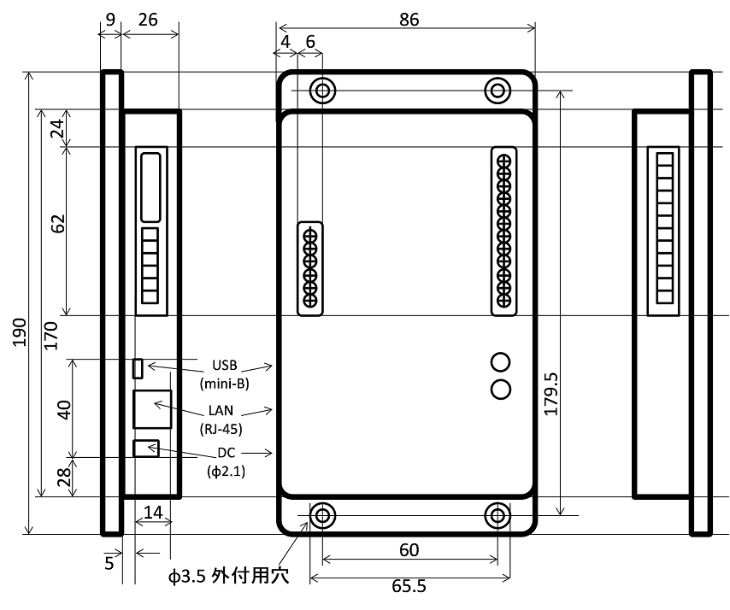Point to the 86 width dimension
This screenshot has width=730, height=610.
[409, 19]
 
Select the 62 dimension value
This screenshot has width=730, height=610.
[58, 224]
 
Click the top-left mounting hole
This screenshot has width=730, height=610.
[322, 90]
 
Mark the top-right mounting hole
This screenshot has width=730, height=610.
[497, 90]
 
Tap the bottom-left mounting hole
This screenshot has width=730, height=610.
[322, 515]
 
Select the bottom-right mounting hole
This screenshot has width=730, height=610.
[497, 515]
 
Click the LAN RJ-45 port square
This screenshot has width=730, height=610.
[152, 408]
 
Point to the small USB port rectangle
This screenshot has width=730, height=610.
[137, 368]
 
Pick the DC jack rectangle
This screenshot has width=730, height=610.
[146, 449]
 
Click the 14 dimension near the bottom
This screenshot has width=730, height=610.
[153, 513]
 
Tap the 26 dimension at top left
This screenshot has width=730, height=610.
[147, 19]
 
